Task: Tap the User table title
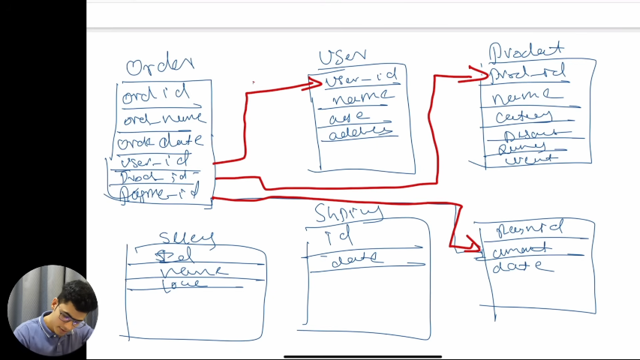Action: pos(342,56)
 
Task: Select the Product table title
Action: pos(525,51)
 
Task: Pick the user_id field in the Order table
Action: pos(155,160)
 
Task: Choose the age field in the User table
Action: pos(350,116)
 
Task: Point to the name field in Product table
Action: pos(527,95)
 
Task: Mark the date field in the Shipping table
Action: pos(357,259)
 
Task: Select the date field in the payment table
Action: pos(523,266)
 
